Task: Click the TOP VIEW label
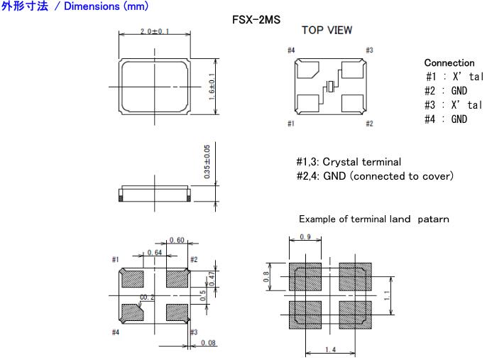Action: (327, 31)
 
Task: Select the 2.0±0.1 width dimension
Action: (155, 33)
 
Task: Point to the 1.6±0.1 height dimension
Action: (212, 87)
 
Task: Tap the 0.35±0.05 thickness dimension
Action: (207, 163)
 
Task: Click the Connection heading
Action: (449, 63)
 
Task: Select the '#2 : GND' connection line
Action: (447, 91)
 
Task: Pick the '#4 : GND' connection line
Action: (447, 119)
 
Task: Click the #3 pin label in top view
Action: (369, 50)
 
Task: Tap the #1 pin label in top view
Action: (290, 124)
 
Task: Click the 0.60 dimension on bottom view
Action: (176, 241)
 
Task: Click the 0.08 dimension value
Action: (208, 344)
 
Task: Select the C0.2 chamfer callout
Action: (148, 298)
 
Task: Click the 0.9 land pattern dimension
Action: (305, 236)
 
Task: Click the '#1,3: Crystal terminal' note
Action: (348, 162)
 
